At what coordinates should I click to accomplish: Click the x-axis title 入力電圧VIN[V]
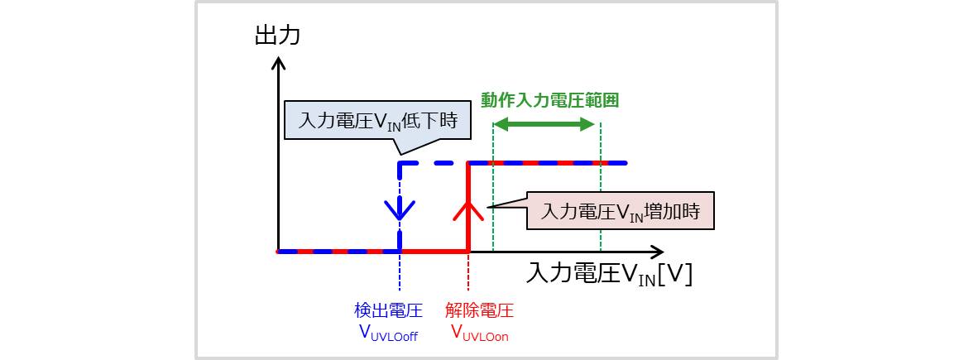[x=609, y=274]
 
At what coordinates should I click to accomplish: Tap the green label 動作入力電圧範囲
[x=550, y=100]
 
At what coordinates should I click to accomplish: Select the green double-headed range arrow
[x=545, y=125]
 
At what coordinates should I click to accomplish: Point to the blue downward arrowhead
[x=400, y=210]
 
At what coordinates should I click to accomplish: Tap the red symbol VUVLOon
[x=480, y=333]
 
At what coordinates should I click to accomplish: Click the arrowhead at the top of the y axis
[x=279, y=63]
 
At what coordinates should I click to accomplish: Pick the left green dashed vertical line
[x=492, y=207]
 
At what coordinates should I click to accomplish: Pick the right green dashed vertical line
[x=601, y=207]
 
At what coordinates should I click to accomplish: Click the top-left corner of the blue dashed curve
[x=400, y=164]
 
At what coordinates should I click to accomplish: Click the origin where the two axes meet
[x=279, y=251]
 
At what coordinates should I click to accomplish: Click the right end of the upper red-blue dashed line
[x=626, y=163]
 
